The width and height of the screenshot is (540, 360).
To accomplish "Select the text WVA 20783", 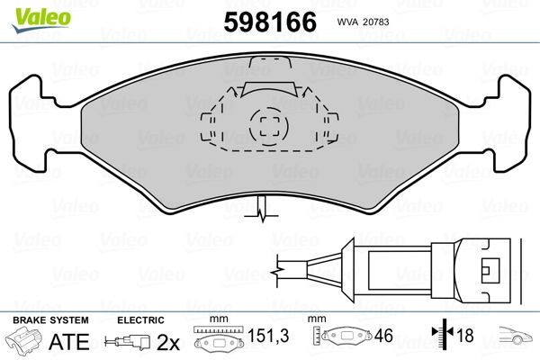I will [x=363, y=21].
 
